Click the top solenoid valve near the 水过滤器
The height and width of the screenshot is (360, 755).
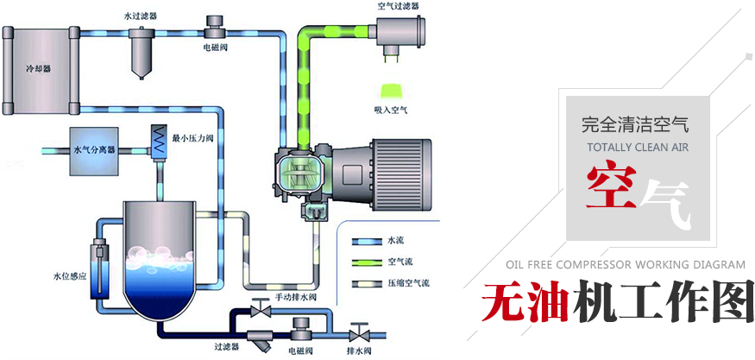(x=213, y=23)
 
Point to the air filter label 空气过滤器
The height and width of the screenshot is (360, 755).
(x=397, y=6)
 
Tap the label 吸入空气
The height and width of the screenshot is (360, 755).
(x=390, y=111)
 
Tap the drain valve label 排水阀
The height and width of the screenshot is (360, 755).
(x=360, y=351)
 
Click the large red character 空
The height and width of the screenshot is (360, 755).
(x=614, y=187)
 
